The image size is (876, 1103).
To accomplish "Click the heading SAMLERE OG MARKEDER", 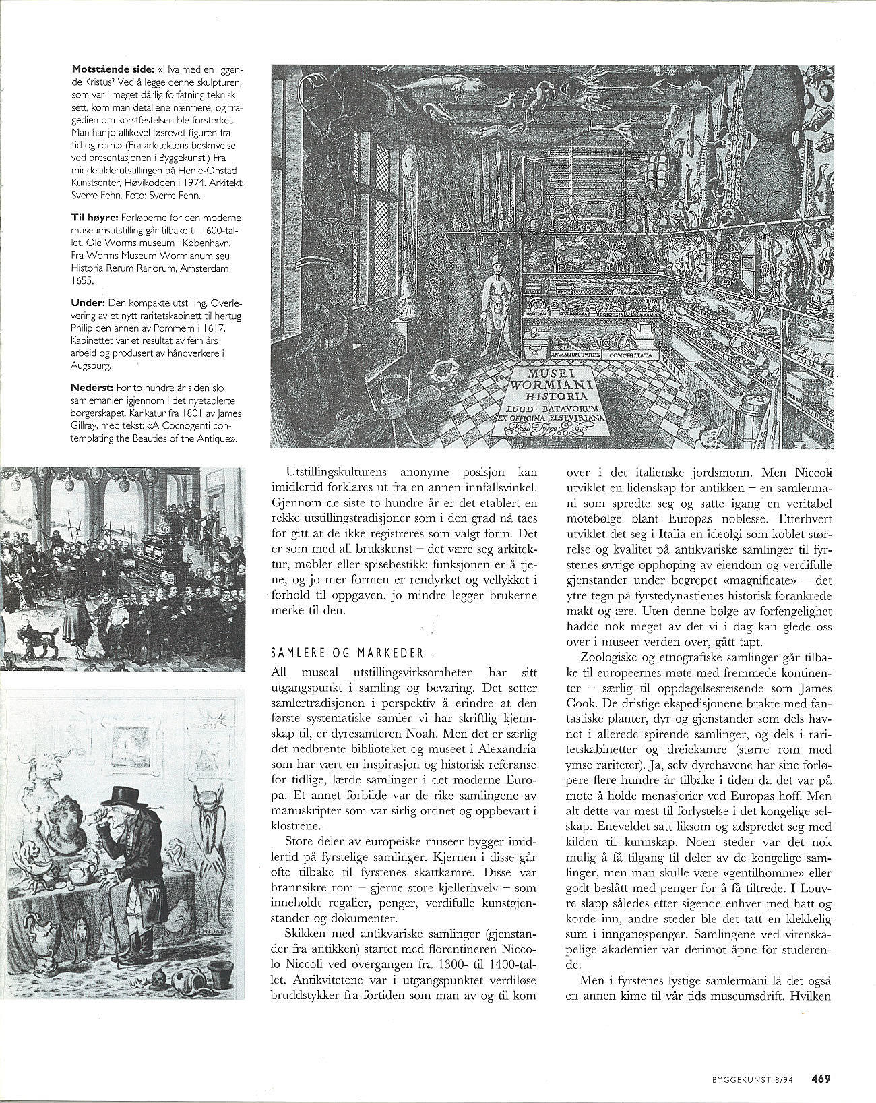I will (347, 653).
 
